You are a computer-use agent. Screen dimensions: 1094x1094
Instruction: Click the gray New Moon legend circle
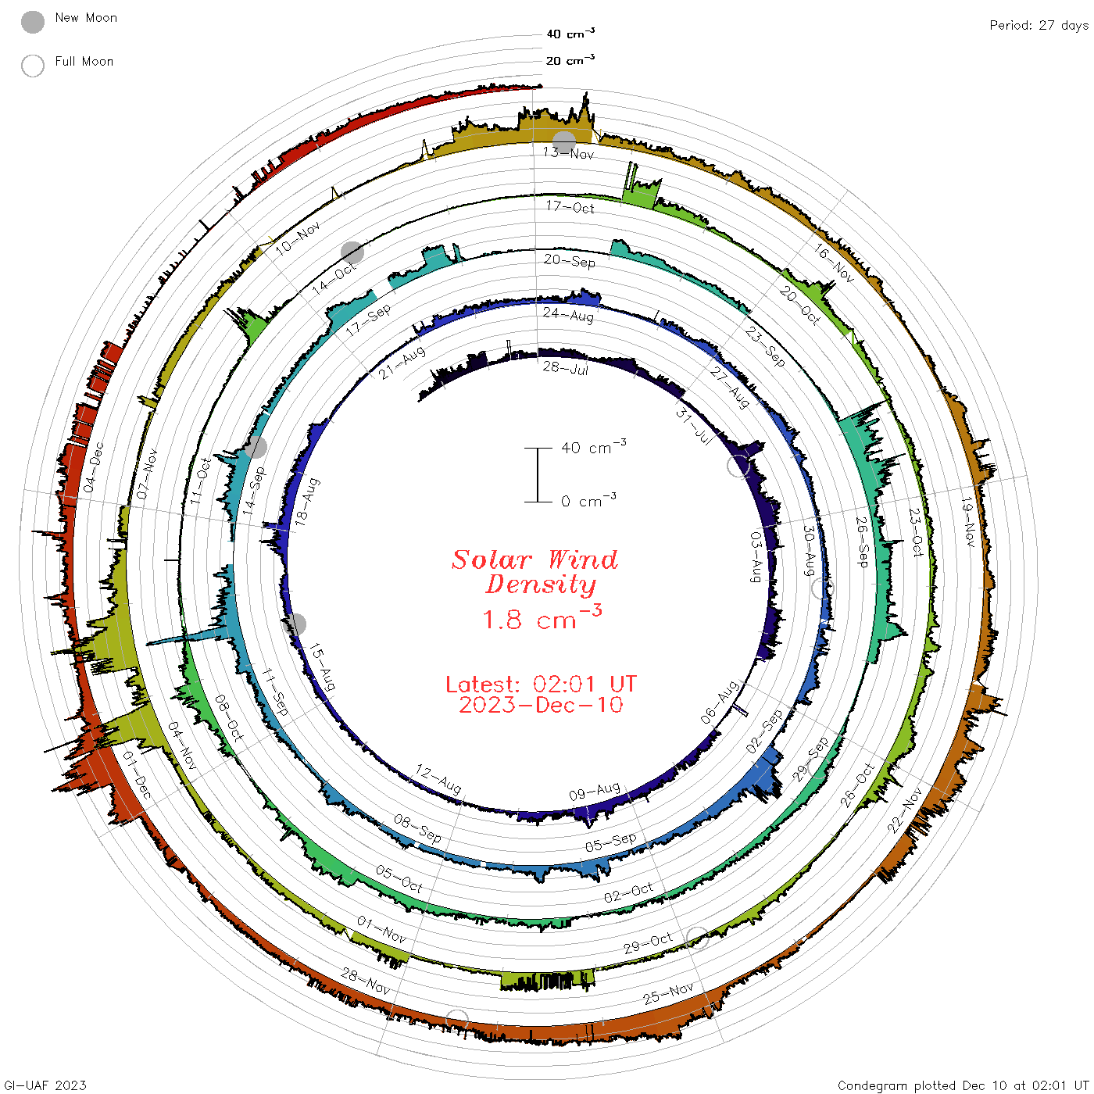pyautogui.click(x=32, y=22)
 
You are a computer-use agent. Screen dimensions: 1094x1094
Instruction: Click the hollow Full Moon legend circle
pyautogui.click(x=32, y=66)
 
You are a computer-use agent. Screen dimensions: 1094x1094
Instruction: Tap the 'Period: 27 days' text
pyautogui.click(x=1039, y=26)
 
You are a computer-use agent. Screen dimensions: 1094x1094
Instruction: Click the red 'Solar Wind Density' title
pyautogui.click(x=534, y=572)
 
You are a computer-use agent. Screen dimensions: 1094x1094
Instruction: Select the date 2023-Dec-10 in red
pyautogui.click(x=541, y=705)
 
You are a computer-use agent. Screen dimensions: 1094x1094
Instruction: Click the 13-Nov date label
pyautogui.click(x=568, y=152)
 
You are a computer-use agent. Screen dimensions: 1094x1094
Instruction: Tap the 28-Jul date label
pyautogui.click(x=566, y=368)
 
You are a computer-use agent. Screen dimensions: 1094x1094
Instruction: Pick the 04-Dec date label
pyautogui.click(x=94, y=467)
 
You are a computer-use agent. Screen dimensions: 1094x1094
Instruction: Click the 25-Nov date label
pyautogui.click(x=668, y=993)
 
